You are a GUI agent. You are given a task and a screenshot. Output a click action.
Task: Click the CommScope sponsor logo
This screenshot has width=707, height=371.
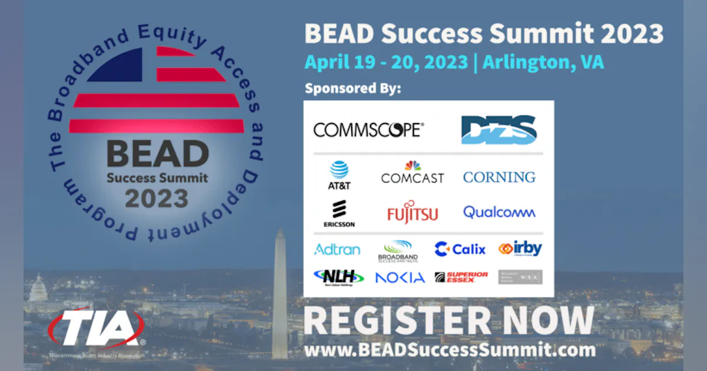(x=368, y=130)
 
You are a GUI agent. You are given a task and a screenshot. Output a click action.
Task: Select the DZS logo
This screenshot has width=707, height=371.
(x=498, y=130)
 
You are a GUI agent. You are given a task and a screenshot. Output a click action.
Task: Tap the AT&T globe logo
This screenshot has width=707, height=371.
(x=339, y=174)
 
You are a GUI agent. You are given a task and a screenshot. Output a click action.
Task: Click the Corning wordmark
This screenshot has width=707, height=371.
(x=499, y=177)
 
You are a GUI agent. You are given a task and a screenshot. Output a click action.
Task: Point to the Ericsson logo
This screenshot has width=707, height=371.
(x=339, y=214)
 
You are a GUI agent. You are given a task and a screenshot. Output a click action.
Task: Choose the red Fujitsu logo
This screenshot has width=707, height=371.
(x=412, y=213)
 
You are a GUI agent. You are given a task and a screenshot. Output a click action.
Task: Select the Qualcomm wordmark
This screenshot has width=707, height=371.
(x=499, y=212)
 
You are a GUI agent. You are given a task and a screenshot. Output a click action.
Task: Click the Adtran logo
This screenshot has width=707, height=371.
(x=337, y=249)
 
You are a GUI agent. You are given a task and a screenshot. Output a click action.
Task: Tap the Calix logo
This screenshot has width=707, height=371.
(x=460, y=249)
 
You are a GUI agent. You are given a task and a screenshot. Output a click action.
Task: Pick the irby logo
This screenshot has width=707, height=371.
(x=520, y=249)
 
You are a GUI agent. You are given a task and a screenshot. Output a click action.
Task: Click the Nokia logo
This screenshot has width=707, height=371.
(x=400, y=277)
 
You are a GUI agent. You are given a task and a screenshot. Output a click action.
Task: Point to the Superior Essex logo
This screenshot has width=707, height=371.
(x=461, y=277)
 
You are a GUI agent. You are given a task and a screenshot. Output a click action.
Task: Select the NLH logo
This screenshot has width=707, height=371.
(x=338, y=276)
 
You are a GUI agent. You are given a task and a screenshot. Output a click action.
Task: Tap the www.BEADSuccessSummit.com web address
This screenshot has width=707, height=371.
(x=450, y=350)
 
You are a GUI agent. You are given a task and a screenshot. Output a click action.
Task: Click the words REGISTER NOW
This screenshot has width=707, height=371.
(x=448, y=321)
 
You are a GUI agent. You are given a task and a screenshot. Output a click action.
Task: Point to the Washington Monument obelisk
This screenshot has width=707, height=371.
(x=279, y=294)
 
